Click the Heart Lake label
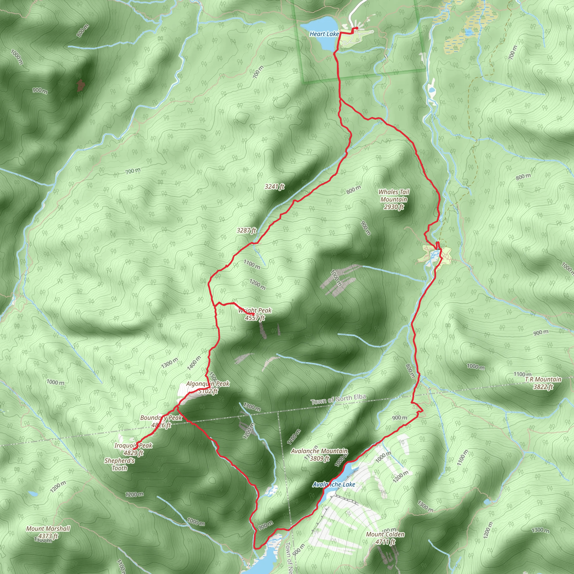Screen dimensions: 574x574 (324, 34)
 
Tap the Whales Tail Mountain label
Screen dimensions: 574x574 (394, 199)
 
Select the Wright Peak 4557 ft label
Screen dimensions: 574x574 (255, 314)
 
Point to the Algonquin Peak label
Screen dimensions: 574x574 (208, 387)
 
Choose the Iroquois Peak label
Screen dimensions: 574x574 (133, 449)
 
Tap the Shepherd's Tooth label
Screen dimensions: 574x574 (119, 464)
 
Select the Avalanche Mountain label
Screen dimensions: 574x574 (320, 455)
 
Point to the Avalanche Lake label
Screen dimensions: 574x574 (334, 484)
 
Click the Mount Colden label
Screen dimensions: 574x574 (385, 538)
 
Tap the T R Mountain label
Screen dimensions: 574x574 (543, 383)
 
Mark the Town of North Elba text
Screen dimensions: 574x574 (338, 400)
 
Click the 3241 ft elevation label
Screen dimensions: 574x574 (274, 187)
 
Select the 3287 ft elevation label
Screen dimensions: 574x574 (246, 230)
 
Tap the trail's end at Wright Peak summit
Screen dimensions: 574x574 (253, 314)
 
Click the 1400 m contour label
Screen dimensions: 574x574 (194, 363)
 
